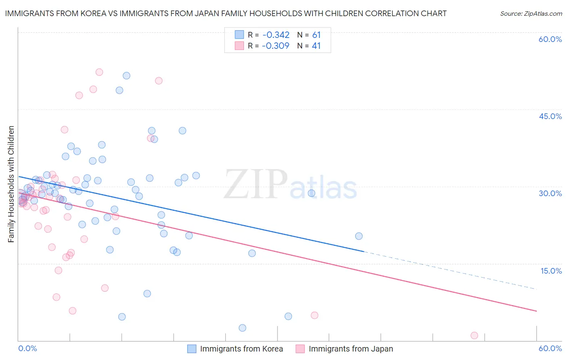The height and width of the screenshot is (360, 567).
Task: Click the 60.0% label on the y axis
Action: pyautogui.click(x=550, y=39)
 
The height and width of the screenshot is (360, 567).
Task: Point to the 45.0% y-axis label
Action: pyautogui.click(x=550, y=116)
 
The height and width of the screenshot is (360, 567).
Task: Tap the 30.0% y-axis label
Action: pyautogui.click(x=550, y=193)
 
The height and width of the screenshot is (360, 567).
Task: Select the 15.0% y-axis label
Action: pyautogui.click(x=551, y=271)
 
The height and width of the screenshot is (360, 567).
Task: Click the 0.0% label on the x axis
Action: pyautogui.click(x=27, y=348)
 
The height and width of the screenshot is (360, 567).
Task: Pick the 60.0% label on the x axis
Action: pyautogui.click(x=550, y=348)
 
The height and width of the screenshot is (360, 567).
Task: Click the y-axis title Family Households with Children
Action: pyautogui.click(x=11, y=184)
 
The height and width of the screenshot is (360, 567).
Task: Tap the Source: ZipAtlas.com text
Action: pyautogui.click(x=531, y=13)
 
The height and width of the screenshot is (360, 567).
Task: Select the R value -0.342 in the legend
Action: pyautogui.click(x=275, y=35)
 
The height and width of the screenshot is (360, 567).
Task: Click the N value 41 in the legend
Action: pyautogui.click(x=316, y=46)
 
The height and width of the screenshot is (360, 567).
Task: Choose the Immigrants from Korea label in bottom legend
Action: pyautogui.click(x=241, y=349)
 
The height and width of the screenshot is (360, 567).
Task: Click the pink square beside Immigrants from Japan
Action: pyautogui.click(x=300, y=349)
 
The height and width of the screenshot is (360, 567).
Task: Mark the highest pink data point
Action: pyautogui.click(x=99, y=72)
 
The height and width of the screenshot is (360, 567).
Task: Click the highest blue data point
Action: pyautogui.click(x=126, y=75)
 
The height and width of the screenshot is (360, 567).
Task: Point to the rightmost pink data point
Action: pyautogui.click(x=474, y=335)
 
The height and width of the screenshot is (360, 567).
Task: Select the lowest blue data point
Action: pyautogui.click(x=242, y=328)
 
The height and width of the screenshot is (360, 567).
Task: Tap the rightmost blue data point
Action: pyautogui.click(x=359, y=236)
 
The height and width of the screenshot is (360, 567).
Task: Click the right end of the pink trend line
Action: pyautogui.click(x=536, y=311)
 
